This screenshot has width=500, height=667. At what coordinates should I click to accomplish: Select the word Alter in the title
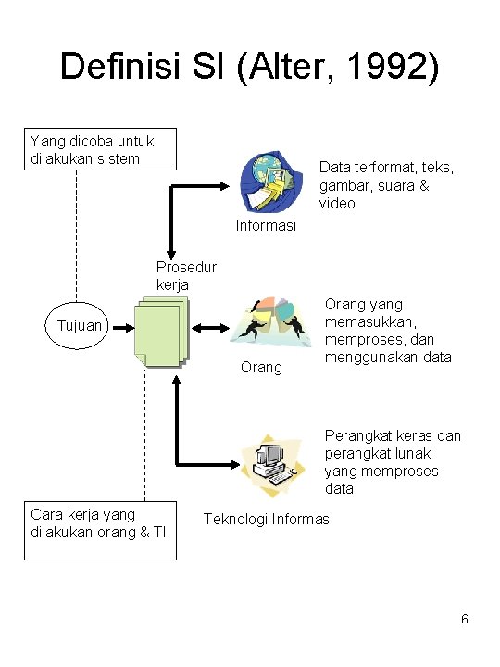291,67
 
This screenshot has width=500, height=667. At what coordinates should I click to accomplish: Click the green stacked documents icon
162,333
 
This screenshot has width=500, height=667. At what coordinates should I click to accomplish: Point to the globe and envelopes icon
271,181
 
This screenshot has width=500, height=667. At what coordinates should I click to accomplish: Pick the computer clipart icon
273,465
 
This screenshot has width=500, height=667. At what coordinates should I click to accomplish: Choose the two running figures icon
270,322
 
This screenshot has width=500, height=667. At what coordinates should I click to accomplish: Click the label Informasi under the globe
266,225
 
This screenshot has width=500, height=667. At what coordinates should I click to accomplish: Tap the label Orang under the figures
261,368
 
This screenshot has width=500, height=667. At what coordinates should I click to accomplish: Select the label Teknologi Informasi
268,520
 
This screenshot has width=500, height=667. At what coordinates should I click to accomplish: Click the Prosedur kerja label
186,276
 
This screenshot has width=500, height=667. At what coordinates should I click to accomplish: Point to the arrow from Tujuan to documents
123,328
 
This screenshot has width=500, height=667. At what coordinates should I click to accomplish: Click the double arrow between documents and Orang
210,328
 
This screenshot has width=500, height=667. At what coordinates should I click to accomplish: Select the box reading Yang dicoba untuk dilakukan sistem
100,149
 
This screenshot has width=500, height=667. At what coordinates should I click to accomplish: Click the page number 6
464,619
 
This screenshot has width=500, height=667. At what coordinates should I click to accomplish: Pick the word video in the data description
337,203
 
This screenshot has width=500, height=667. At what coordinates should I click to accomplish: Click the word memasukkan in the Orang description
370,322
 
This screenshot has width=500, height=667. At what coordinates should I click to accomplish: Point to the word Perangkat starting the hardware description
357,436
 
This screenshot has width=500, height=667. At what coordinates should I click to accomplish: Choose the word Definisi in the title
120,67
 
